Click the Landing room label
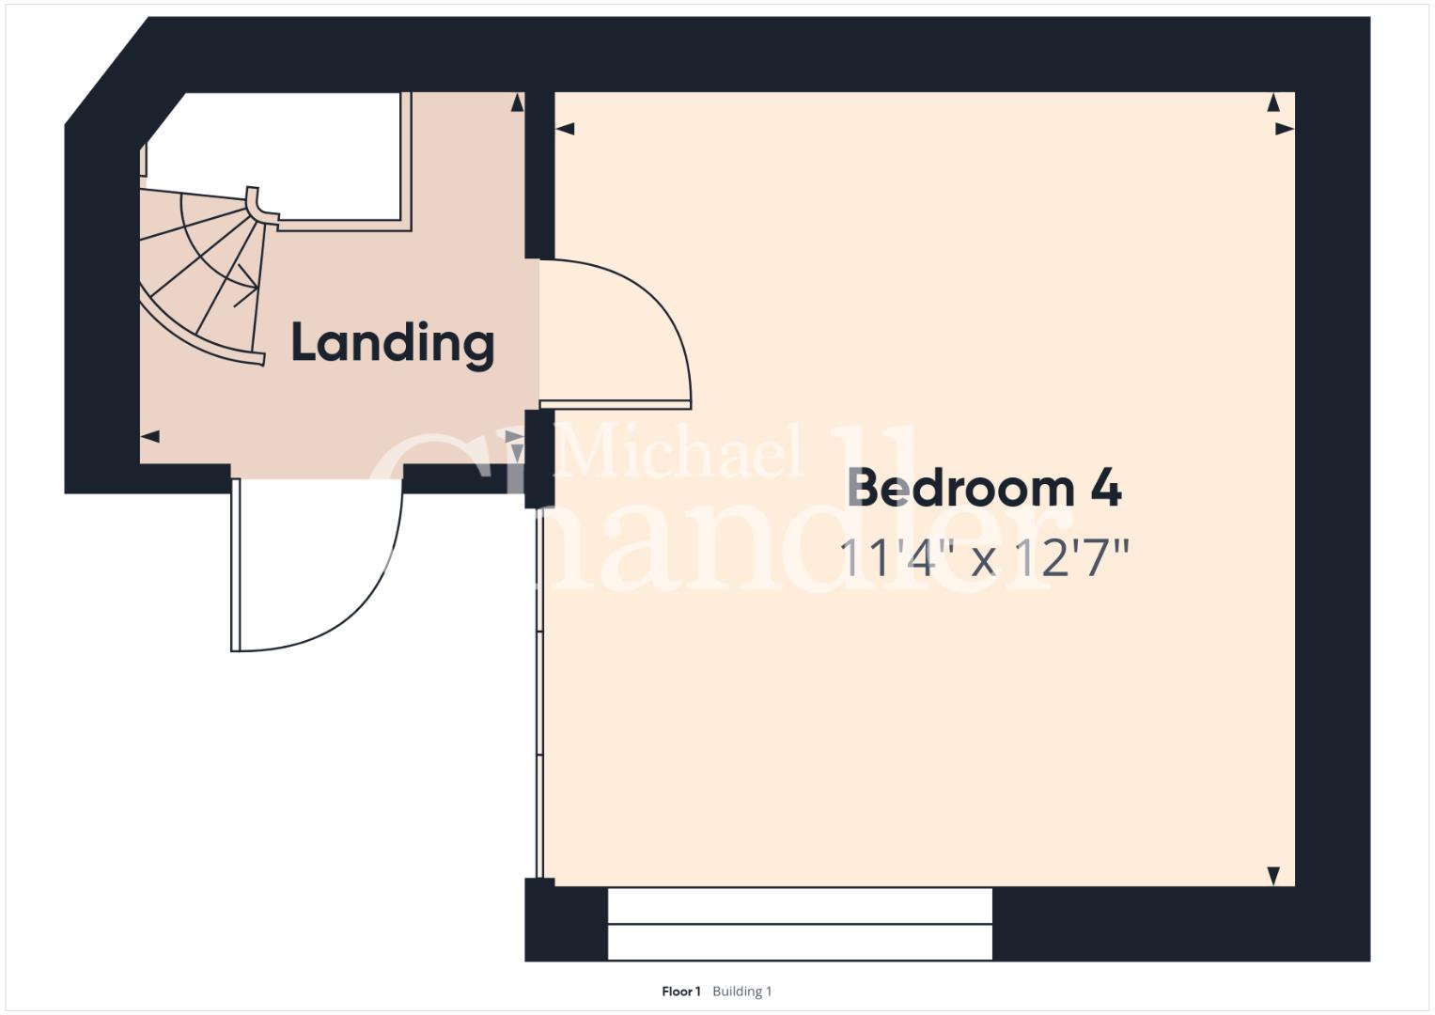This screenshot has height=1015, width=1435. [393, 345]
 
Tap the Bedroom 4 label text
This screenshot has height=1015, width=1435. [984, 489]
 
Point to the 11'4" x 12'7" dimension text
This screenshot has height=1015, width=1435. [983, 557]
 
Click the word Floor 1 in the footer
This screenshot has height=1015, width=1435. [681, 992]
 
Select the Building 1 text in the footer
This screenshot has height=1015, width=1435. [741, 992]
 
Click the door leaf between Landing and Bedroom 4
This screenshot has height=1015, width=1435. [615, 404]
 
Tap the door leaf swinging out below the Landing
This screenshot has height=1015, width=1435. [235, 565]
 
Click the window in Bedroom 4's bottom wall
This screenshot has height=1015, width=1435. [800, 923]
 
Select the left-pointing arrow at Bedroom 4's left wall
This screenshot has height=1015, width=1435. [565, 130]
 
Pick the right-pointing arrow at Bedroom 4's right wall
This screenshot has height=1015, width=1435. [1285, 130]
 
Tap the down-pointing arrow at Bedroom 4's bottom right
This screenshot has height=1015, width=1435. [1273, 876]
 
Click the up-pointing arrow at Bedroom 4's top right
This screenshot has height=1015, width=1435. [1273, 102]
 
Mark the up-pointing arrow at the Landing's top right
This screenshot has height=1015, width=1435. [517, 102]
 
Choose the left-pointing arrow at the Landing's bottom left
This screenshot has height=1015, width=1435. [150, 437]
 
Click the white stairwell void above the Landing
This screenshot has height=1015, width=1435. [289, 154]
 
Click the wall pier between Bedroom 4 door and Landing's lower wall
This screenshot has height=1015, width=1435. [539, 459]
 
